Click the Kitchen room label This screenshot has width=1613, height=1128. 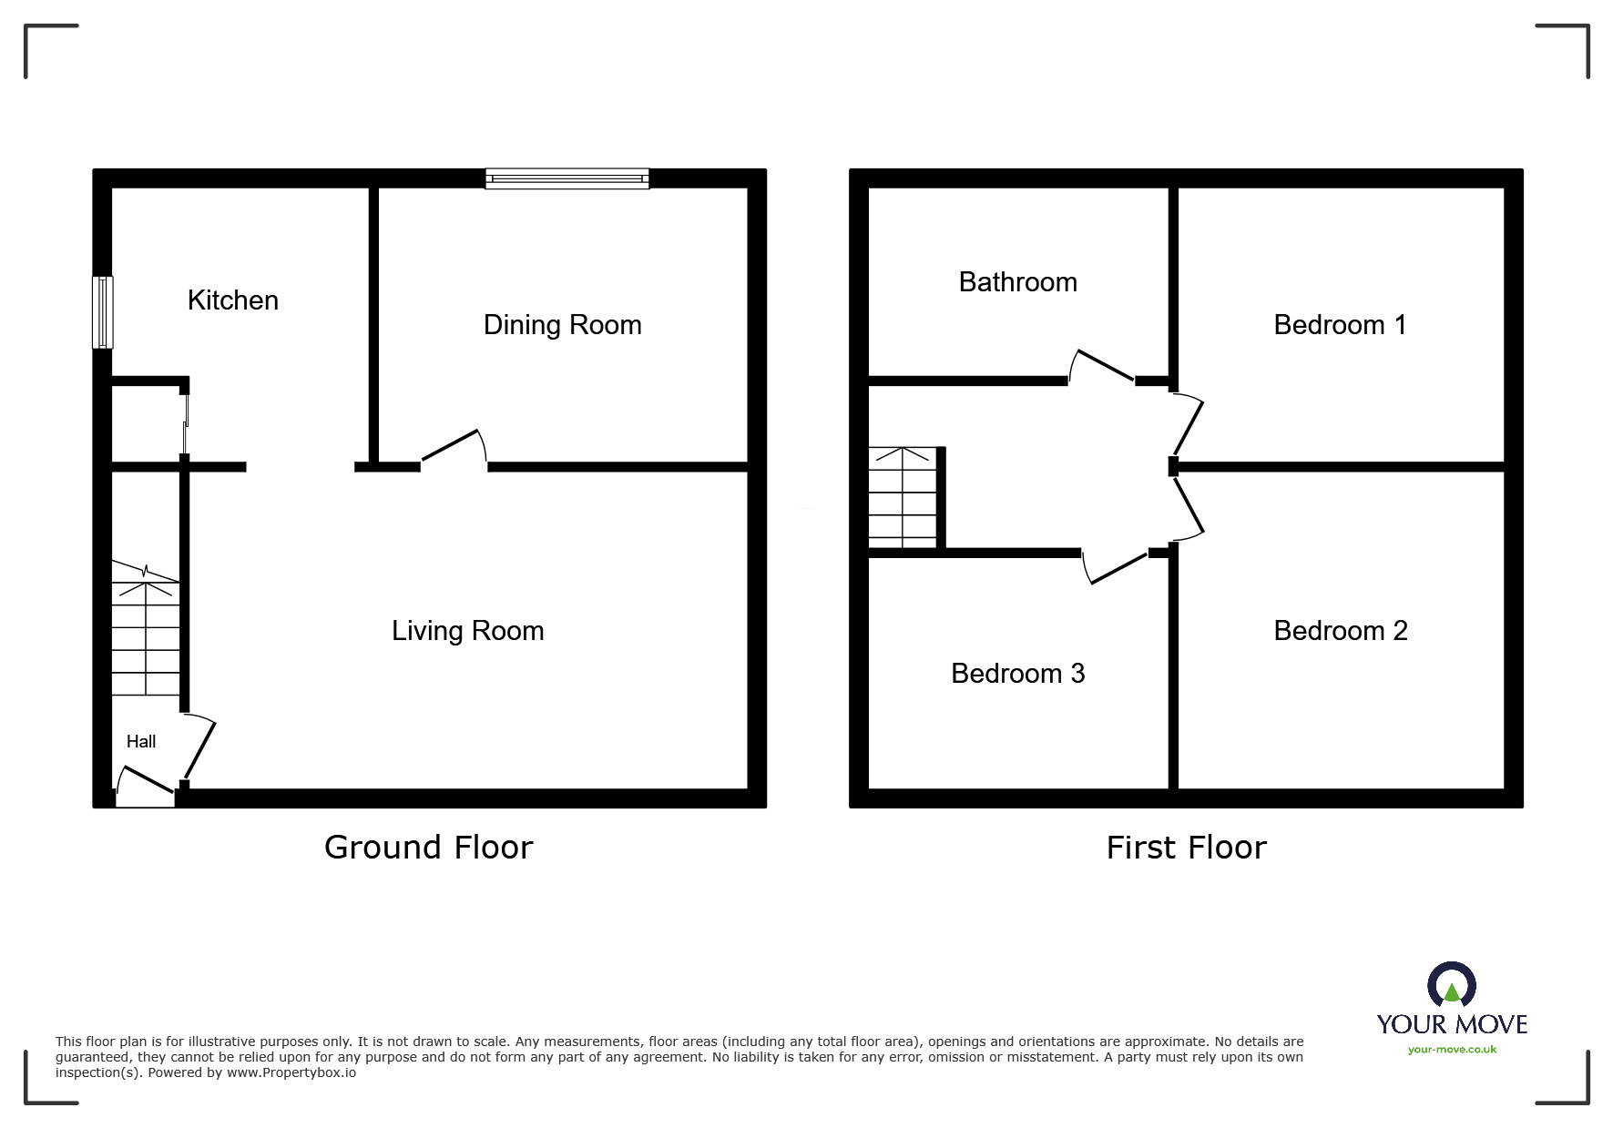[x=232, y=300]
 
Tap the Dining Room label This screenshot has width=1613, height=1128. [x=562, y=325]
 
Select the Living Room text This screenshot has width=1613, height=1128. [x=467, y=631]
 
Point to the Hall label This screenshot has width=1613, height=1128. [x=141, y=742]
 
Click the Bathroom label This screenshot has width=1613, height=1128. [x=1017, y=282]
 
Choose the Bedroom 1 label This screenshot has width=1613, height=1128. [x=1340, y=325]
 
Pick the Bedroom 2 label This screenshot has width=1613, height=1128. [x=1340, y=631]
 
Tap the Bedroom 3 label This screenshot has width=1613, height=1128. [x=1017, y=674]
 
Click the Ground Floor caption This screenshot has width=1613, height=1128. [x=428, y=848]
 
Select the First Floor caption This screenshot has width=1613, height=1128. [x=1186, y=848]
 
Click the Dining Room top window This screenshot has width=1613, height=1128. [x=567, y=178]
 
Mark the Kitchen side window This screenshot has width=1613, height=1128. [x=103, y=312]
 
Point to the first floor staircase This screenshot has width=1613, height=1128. [x=902, y=497]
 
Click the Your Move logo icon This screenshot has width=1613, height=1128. [x=1451, y=987]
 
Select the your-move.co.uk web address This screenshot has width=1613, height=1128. [x=1452, y=1050]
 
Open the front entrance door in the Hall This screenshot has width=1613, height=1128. [x=146, y=781]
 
